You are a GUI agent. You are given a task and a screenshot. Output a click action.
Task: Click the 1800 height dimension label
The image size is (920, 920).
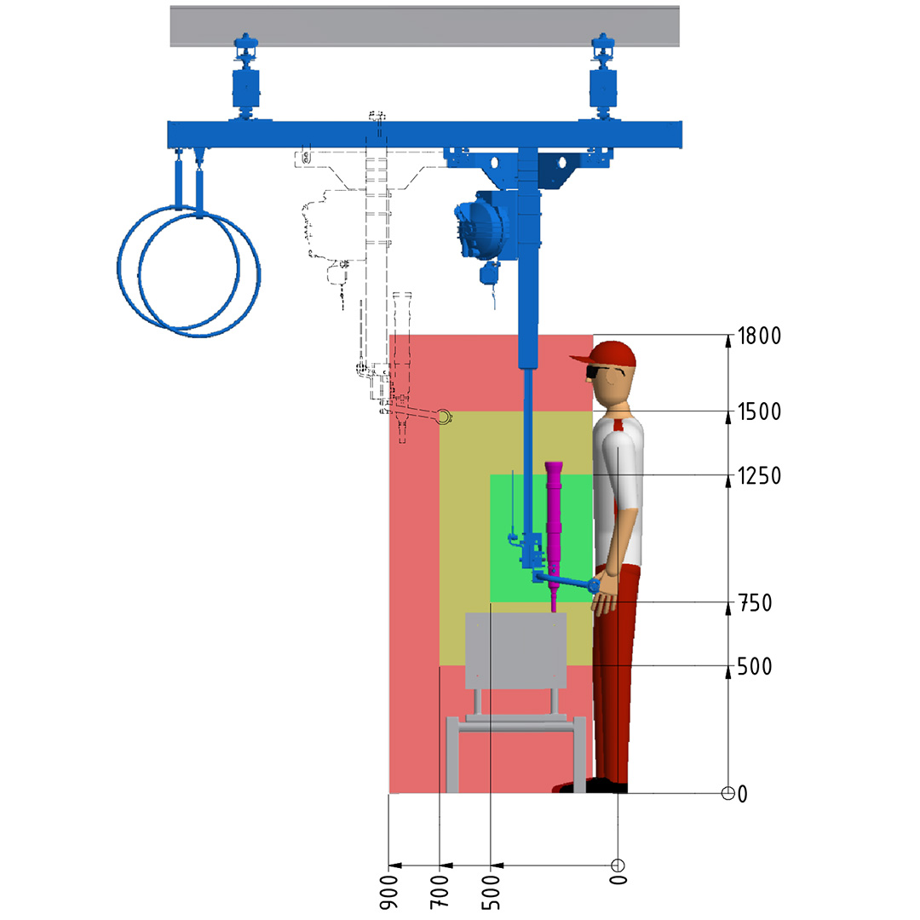[x=759, y=336]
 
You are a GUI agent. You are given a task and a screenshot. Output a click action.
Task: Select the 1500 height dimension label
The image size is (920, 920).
[x=759, y=412]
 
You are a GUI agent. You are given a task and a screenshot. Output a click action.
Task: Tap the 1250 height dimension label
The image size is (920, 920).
[x=759, y=476]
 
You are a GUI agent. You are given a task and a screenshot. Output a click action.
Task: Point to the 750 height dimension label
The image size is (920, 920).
[x=755, y=603]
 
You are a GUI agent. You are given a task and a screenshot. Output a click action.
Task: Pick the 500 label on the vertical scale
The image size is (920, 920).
[x=755, y=666]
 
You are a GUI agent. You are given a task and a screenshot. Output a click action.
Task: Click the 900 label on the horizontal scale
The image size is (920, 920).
[x=388, y=893]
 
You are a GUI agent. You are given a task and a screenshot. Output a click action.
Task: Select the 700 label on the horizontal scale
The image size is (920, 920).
[x=440, y=893]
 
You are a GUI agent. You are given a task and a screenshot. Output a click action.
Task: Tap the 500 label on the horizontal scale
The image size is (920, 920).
[x=491, y=893]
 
